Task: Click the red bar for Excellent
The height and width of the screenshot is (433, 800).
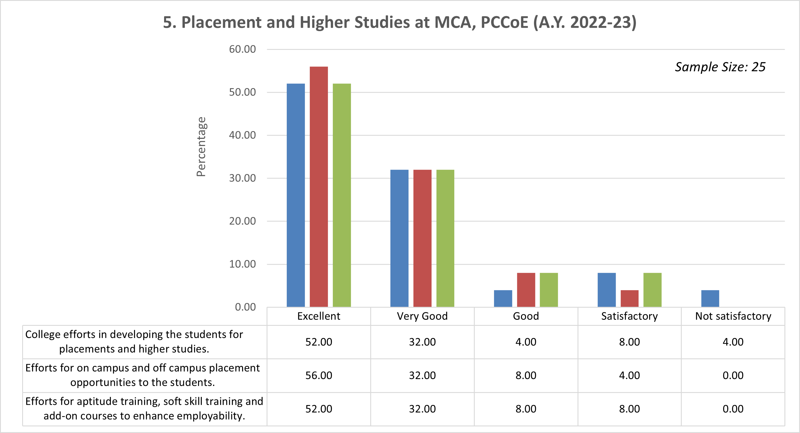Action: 319,186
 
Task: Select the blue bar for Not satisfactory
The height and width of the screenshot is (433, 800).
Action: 710,298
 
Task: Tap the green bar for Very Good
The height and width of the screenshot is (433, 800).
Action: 445,238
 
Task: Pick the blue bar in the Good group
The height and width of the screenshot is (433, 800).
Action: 503,298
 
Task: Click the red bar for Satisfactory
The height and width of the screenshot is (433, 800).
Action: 630,298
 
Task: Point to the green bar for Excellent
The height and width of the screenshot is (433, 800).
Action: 342,195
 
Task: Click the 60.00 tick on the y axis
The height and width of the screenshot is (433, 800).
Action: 242,49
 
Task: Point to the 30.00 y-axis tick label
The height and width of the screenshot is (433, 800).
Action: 242,178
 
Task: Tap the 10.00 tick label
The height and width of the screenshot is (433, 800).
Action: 242,264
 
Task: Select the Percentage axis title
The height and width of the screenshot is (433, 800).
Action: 201,147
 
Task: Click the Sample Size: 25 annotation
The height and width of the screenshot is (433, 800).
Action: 720,67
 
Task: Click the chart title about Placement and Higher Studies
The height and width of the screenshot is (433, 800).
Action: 400,22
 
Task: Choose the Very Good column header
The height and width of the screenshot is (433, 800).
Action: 422,316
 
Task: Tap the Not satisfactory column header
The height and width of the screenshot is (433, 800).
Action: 733,316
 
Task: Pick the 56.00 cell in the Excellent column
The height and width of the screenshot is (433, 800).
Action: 319,375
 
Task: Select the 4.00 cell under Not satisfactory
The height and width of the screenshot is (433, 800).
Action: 733,342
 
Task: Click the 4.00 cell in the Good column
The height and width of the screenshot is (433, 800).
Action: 526,342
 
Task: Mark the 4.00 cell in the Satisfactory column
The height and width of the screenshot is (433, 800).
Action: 630,375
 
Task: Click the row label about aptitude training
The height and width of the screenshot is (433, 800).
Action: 144,409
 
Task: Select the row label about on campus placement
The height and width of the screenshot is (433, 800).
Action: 142,375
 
